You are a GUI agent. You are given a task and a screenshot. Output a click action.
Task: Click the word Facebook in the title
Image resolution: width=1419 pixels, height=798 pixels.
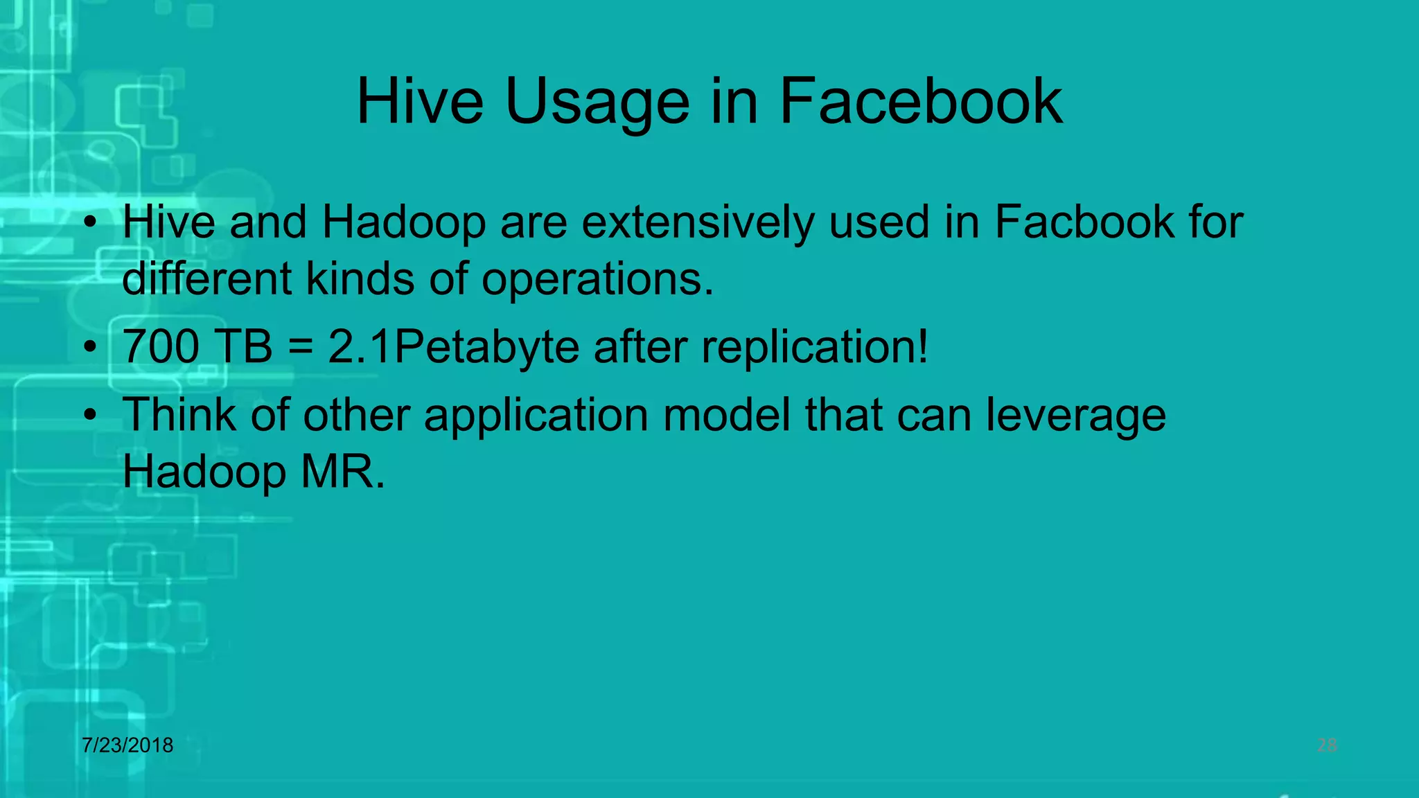[921, 102]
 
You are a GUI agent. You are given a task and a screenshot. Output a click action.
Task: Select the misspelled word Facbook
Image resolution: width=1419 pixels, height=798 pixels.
[1084, 222]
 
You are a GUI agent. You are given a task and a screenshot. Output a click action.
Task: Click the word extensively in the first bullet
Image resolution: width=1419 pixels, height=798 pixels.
[698, 224]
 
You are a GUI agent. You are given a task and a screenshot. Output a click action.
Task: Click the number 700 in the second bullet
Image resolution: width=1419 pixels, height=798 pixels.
[161, 346]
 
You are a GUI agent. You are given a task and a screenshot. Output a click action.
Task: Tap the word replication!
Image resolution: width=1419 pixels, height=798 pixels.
[815, 346]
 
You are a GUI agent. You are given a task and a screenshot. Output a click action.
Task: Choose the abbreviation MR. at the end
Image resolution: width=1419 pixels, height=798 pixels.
[342, 472]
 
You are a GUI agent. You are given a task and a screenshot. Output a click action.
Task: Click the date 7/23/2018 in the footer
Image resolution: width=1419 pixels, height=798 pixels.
[127, 745]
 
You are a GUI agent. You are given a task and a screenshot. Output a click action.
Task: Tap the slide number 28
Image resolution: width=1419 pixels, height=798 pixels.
[1326, 745]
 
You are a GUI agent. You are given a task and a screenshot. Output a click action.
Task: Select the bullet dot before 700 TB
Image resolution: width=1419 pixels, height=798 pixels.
[89, 347]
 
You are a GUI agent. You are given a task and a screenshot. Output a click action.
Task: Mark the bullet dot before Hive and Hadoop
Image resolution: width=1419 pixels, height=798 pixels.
[89, 223]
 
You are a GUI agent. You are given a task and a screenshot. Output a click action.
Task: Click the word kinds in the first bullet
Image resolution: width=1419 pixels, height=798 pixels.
[360, 279]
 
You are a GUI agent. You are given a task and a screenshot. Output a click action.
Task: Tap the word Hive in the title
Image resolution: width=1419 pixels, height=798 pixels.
[420, 102]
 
